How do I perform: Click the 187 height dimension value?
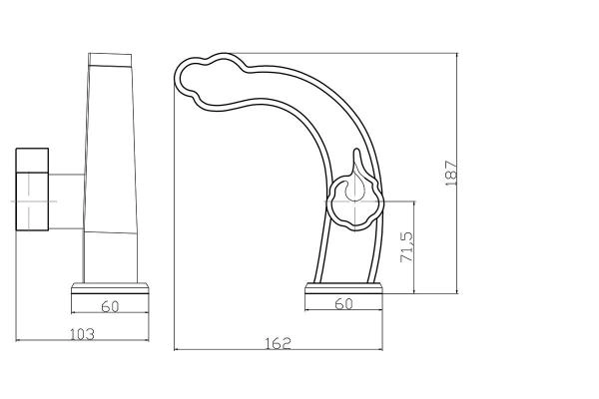tap(451, 174)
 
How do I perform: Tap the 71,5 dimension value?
tap(407, 246)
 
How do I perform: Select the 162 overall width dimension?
tap(279, 343)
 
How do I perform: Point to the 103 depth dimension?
tap(82, 334)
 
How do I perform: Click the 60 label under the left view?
tap(111, 306)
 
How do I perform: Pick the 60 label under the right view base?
tap(343, 303)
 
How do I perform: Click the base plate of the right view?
tap(343, 288)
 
